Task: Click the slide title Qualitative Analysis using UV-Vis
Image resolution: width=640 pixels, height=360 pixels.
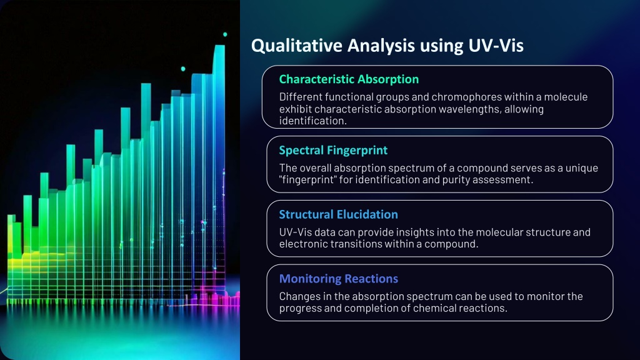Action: coord(387,46)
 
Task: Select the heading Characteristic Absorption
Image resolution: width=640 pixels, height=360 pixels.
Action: coord(349,79)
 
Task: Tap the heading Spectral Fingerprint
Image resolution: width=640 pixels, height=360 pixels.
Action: coord(333,151)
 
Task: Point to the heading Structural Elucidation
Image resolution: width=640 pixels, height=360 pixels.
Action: coord(338,214)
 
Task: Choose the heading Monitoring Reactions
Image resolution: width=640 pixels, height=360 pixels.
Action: coord(338,278)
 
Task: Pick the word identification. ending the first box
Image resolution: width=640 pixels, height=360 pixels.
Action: coord(313,121)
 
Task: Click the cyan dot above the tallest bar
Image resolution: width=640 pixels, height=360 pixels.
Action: coord(225,34)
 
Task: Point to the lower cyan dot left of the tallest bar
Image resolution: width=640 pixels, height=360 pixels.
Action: coord(183,69)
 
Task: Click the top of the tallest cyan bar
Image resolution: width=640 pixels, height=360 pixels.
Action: coord(219,46)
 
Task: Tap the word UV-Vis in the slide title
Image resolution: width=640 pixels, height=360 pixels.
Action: coord(496,46)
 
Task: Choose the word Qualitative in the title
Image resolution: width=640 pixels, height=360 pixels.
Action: coord(297,46)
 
